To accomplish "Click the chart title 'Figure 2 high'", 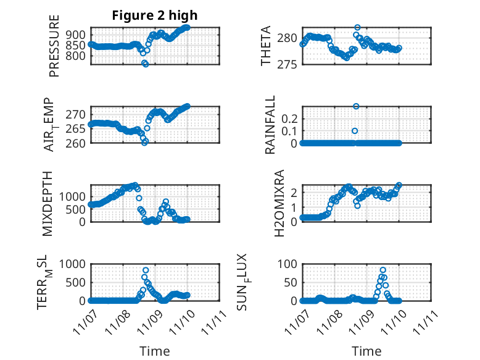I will pos(154,15).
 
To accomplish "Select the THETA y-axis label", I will pos(266,46).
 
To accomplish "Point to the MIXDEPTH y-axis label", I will pos(48,203).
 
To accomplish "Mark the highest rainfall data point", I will pos(356,106).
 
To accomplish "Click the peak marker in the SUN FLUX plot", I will pos(383,270).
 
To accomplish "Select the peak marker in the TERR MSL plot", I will pos(146,270).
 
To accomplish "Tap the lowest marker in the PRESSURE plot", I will pos(146,64).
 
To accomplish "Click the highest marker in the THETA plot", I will pos(357,28).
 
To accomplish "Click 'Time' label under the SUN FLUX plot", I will pos(366,351).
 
